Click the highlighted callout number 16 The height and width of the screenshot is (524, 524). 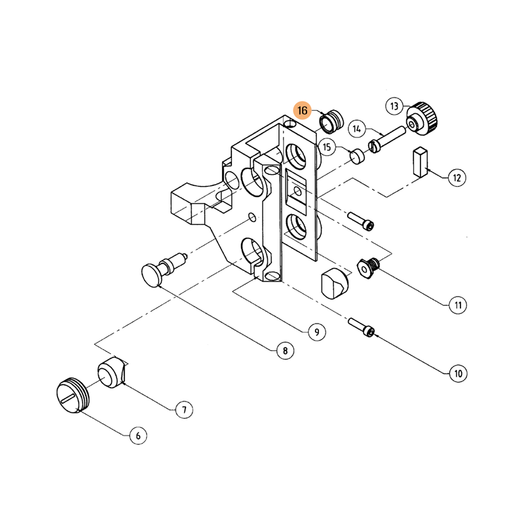click(302, 110)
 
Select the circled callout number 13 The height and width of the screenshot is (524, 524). click(394, 106)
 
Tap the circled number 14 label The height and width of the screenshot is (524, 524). click(357, 129)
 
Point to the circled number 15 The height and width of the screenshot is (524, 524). click(327, 147)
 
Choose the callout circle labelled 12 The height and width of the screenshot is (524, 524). click(457, 178)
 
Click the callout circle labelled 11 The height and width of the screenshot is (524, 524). click(458, 305)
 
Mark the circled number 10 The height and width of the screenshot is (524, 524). click(458, 373)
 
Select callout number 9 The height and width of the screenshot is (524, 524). click(317, 332)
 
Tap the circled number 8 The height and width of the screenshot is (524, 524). click(285, 351)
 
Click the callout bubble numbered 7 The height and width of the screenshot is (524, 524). click(184, 410)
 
